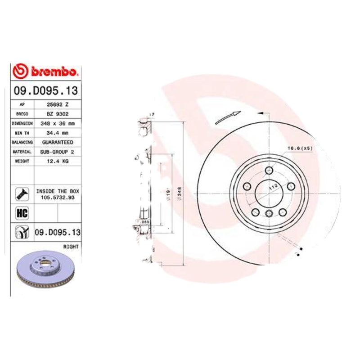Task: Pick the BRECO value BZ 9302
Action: [58, 114]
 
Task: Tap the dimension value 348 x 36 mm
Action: [58, 123]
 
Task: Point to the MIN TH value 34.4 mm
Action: [58, 133]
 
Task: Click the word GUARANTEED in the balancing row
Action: [58, 142]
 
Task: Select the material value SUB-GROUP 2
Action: [58, 152]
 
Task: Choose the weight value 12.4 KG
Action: [58, 161]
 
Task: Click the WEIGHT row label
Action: [22, 161]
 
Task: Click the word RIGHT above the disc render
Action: [71, 247]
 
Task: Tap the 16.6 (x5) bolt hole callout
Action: [300, 148]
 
